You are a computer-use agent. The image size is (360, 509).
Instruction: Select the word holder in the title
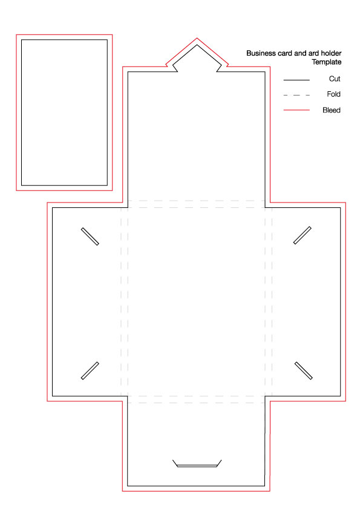[332, 53]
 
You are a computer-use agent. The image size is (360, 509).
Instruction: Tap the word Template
[327, 62]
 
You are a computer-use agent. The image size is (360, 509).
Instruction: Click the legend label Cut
[335, 79]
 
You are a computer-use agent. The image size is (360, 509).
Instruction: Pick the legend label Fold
[334, 94]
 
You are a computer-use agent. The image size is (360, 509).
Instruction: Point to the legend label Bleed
[332, 111]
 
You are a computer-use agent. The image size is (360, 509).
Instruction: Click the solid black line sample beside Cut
[296, 80]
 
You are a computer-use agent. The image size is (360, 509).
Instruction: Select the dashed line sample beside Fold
[296, 95]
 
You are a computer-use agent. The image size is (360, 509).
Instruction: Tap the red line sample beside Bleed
[296, 110]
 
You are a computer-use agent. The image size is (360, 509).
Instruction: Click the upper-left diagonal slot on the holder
[90, 236]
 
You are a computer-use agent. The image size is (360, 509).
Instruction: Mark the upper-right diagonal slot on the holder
[303, 235]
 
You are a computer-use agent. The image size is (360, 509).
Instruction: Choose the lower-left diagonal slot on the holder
[90, 371]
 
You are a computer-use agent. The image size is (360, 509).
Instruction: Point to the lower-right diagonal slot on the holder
[304, 371]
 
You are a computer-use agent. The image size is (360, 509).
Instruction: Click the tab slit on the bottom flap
[197, 466]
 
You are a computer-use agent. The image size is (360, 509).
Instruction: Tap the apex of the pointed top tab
[197, 45]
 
